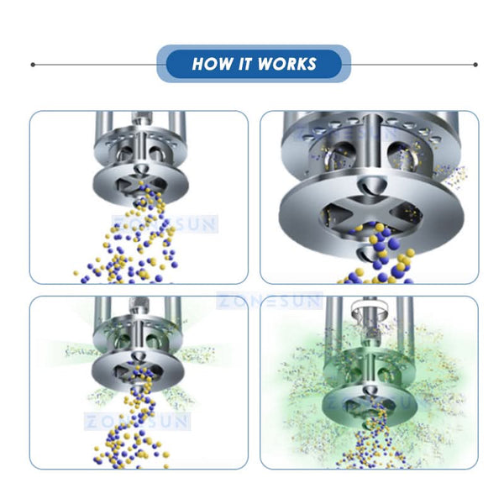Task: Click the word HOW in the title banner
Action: pyautogui.click(x=209, y=65)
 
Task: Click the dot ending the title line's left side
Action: pyautogui.click(x=32, y=65)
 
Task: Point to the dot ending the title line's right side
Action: pyautogui.click(x=475, y=65)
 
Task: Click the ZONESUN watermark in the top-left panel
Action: pyautogui.click(x=168, y=224)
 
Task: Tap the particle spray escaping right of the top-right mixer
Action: pyautogui.click(x=458, y=176)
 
